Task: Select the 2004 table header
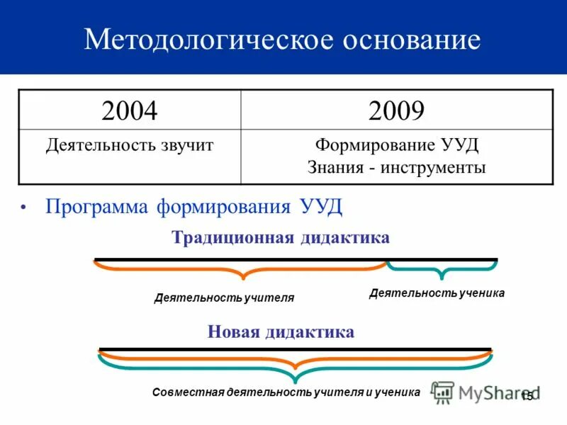(x=130, y=110)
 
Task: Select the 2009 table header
(x=396, y=110)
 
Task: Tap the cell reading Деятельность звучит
(x=130, y=147)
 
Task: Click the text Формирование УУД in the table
(x=397, y=147)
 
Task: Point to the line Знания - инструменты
(x=397, y=168)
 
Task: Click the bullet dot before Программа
(x=23, y=208)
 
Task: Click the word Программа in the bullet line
(x=96, y=207)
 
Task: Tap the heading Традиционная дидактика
(x=281, y=238)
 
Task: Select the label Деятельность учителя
(x=224, y=298)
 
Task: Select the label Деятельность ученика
(x=437, y=293)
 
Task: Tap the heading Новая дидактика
(x=281, y=332)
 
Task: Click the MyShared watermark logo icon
(x=443, y=392)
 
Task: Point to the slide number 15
(x=526, y=396)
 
